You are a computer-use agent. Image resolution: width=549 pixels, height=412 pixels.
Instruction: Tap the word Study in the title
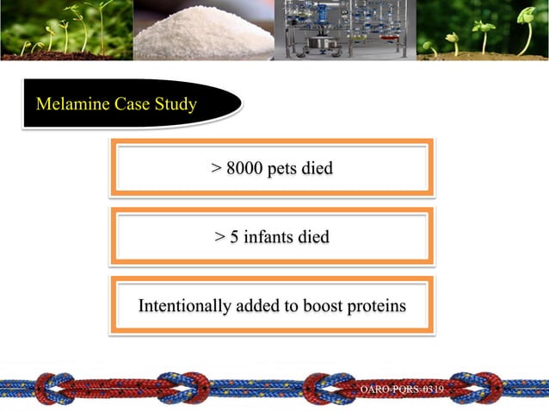[175, 106]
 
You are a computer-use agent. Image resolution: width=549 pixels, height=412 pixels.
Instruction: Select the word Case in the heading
[129, 106]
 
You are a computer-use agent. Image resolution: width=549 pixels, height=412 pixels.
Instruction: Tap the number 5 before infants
[232, 235]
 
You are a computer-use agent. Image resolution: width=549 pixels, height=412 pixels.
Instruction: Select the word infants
[268, 235]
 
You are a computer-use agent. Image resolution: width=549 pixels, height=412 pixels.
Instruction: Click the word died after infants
[312, 235]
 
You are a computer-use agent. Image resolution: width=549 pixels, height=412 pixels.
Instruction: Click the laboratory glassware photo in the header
[342, 31]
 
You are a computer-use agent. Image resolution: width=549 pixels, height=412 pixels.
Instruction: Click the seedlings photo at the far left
[65, 31]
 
